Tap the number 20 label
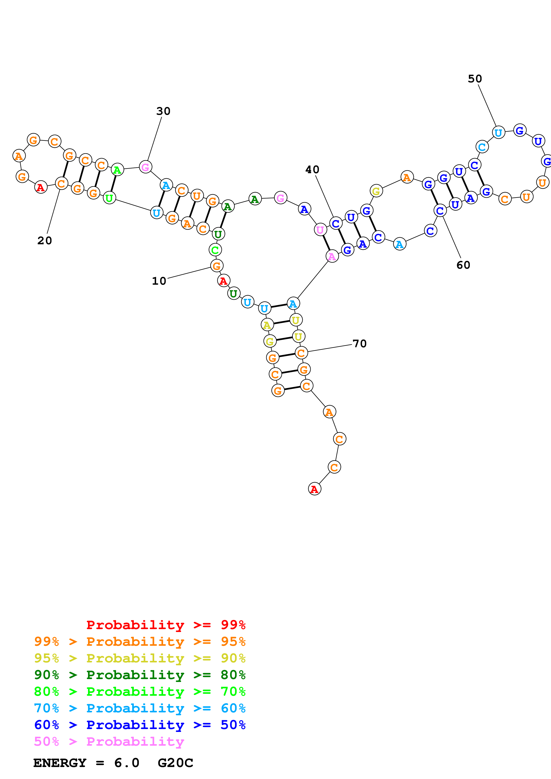point(44,240)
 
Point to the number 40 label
point(312,170)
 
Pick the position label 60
point(463,265)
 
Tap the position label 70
point(360,344)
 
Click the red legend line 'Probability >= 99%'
point(166,625)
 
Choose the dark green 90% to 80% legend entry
point(140,675)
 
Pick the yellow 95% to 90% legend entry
point(140,658)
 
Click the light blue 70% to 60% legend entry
point(140,708)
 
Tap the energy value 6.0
point(127,763)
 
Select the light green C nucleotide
point(215,250)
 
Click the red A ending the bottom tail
point(314,489)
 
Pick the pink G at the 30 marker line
point(145,167)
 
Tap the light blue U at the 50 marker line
point(498,133)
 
